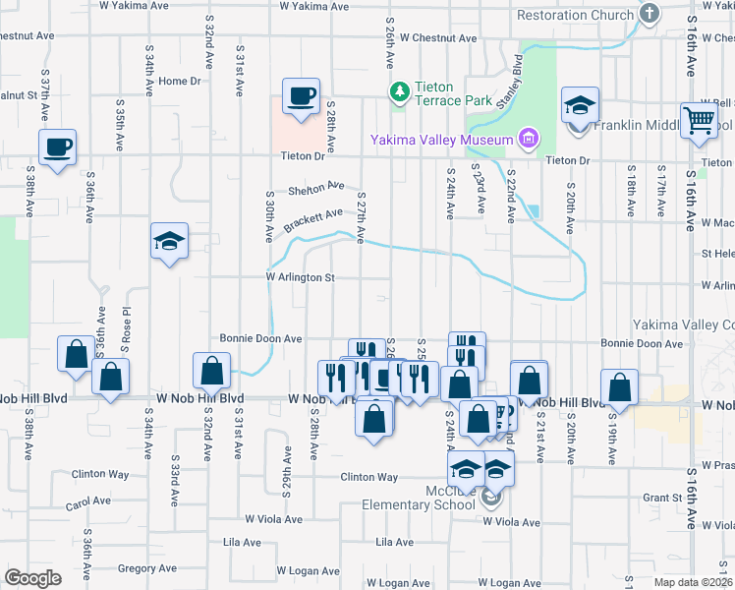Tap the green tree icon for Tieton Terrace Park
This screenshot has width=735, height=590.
[399, 92]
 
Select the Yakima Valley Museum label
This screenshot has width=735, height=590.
[441, 139]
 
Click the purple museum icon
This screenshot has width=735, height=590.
[528, 139]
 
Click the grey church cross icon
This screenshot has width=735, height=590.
[649, 14]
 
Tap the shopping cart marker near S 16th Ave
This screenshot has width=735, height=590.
[699, 120]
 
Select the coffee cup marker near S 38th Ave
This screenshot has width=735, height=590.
[57, 147]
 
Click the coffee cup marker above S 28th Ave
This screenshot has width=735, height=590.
[301, 96]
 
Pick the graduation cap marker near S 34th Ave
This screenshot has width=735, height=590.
[169, 241]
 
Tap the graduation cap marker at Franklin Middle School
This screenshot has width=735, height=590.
[580, 104]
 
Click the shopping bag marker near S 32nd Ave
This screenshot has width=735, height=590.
[211, 371]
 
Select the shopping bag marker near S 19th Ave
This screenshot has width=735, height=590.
[619, 387]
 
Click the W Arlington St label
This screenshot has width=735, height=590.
[301, 278]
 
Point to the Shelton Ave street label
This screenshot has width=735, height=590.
[316, 187]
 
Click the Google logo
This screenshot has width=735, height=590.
[32, 578]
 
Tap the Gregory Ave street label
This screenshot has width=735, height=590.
[145, 568]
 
